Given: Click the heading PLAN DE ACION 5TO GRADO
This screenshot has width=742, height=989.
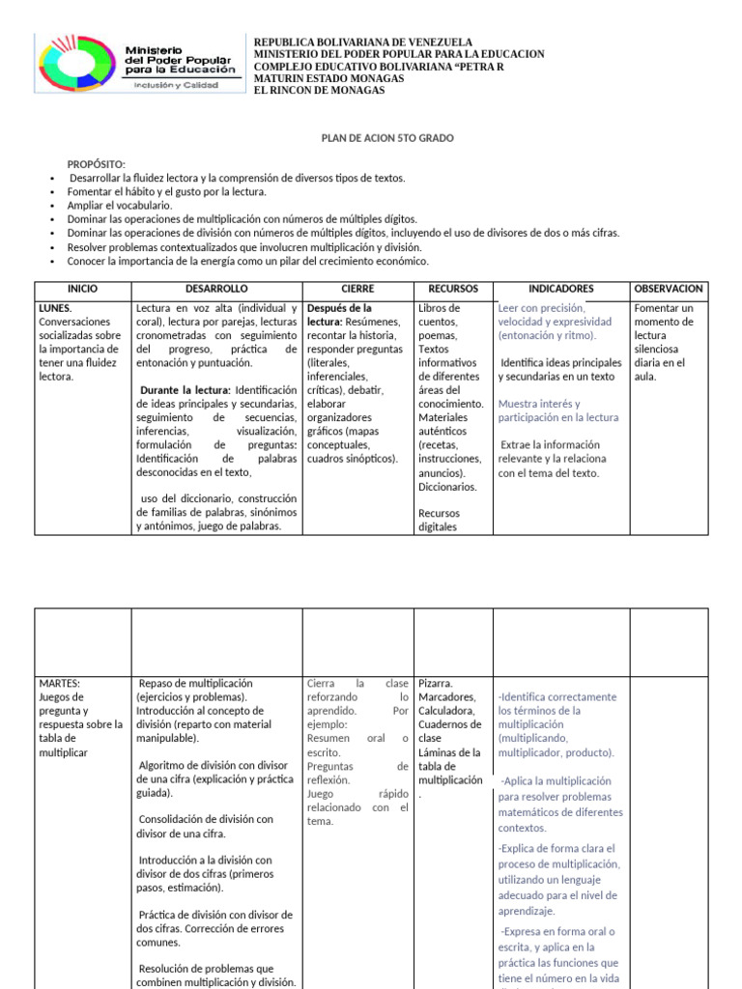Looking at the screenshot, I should tap(387, 138).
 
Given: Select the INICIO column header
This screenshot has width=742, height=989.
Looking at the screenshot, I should tap(82, 289).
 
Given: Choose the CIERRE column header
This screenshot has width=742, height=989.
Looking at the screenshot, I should tap(357, 289).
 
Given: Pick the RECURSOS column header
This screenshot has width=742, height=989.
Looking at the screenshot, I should tap(452, 289).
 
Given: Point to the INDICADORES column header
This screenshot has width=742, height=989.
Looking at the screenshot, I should tap(560, 289).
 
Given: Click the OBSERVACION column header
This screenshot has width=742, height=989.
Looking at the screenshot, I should tap(669, 289).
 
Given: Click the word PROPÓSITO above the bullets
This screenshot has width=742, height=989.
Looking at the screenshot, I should tap(96, 165).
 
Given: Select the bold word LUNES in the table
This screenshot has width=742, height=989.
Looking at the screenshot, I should tap(54, 308).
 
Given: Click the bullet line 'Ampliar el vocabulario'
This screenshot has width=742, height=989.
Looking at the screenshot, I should tap(119, 206).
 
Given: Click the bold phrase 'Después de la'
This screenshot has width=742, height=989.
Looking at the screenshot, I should tap(339, 308).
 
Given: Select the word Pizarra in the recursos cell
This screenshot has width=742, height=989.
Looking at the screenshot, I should tap(438, 683).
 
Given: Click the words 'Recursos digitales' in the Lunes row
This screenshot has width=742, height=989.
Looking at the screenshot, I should tap(439, 521).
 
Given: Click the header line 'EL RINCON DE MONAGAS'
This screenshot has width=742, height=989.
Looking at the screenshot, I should tap(318, 91).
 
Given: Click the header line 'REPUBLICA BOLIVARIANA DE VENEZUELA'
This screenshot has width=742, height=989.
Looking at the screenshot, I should tap(362, 42).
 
